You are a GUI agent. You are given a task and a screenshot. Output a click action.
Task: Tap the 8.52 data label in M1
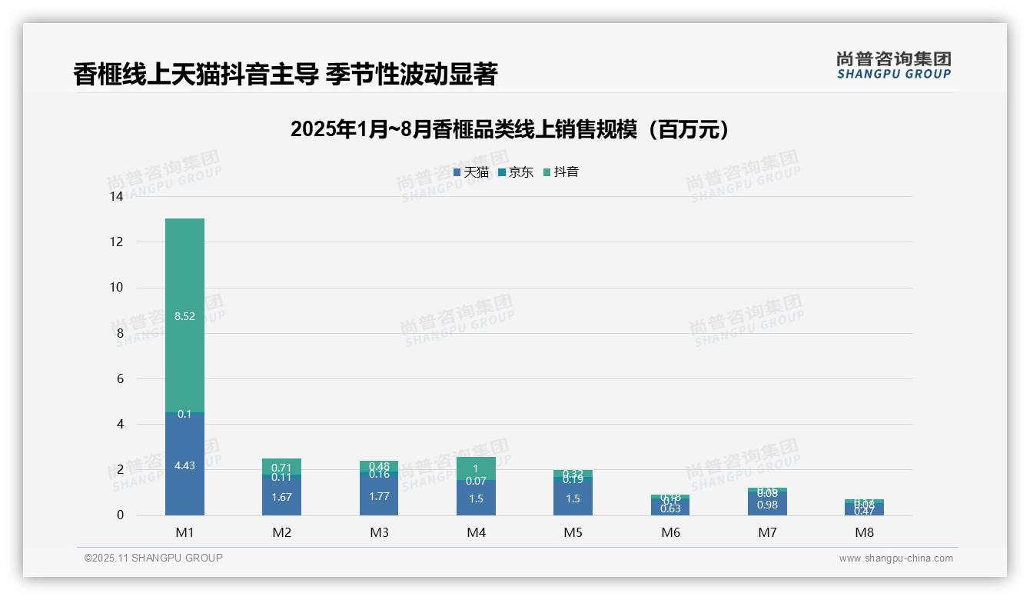coord(184,316)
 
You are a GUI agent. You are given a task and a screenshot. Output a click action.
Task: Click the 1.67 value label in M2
coord(282,497)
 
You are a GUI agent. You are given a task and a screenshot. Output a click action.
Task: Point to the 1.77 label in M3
coord(379,496)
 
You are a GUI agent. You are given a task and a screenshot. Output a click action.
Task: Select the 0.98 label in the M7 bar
coord(767,505)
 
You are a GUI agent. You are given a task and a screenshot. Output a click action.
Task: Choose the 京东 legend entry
coord(516,172)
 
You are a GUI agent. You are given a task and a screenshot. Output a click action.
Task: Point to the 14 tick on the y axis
coord(116,197)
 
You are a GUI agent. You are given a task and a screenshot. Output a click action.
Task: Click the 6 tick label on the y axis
coord(119,378)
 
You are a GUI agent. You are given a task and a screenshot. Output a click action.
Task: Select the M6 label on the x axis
coord(670,532)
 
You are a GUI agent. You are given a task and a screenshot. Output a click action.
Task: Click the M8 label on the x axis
coord(864,532)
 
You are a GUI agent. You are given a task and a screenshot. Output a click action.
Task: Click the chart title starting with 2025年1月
coord(510,129)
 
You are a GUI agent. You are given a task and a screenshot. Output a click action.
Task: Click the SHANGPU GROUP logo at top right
coord(893,65)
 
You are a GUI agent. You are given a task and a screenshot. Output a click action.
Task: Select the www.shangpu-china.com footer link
coord(895,558)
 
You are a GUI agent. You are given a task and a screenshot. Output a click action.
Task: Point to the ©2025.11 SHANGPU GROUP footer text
coord(154,558)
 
